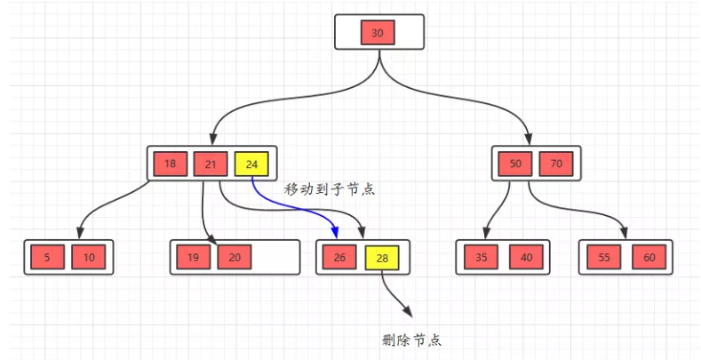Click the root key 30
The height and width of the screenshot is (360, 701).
pyautogui.click(x=378, y=33)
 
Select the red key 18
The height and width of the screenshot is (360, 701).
pyautogui.click(x=170, y=164)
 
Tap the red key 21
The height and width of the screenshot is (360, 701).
pyautogui.click(x=211, y=164)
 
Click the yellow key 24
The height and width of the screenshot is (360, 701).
pyautogui.click(x=251, y=164)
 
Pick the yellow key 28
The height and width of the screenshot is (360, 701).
pyautogui.click(x=382, y=258)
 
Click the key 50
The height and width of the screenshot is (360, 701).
pyautogui.click(x=514, y=164)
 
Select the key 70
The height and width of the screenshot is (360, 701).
pyautogui.click(x=556, y=164)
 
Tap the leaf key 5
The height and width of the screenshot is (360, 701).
pyautogui.click(x=46, y=258)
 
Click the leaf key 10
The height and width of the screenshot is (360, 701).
pyautogui.click(x=89, y=258)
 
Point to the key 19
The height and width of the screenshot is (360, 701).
pyautogui.click(x=193, y=258)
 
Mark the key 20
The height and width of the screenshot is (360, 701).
pyautogui.click(x=235, y=258)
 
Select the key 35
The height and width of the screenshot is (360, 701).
pyautogui.click(x=482, y=258)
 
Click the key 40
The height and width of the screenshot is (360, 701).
pyautogui.click(x=525, y=258)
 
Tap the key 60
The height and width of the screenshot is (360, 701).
pyautogui.click(x=649, y=258)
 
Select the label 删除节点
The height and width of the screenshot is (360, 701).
pyautogui.click(x=411, y=340)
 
